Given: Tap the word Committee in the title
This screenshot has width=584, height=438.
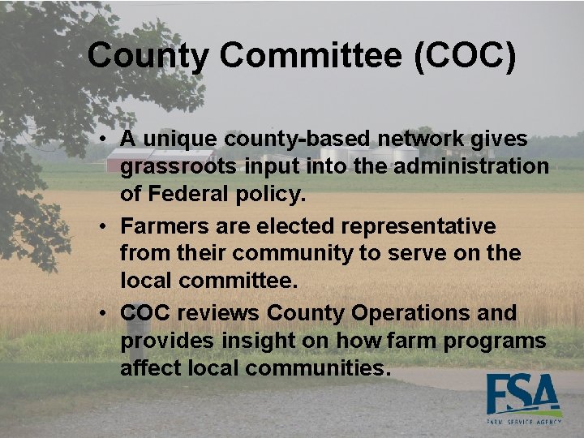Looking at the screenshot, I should click(x=309, y=56).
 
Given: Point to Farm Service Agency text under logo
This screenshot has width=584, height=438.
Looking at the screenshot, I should click(x=522, y=422).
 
